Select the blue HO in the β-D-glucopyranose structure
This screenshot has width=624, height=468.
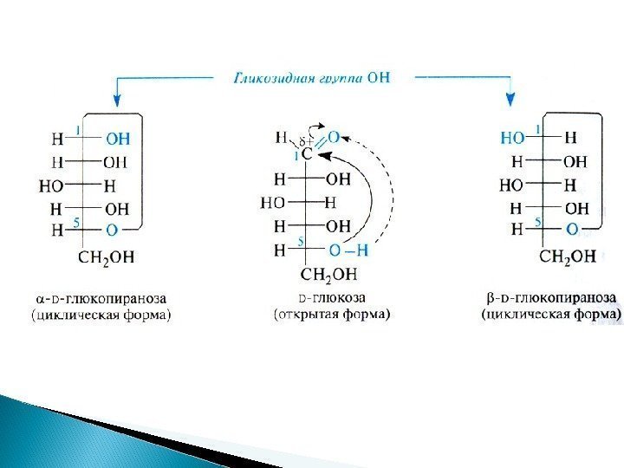pos(512,138)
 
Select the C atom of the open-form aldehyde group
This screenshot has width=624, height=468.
pos(307,155)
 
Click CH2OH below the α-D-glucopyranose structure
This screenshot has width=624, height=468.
pos(107,257)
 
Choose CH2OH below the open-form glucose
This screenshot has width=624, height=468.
pos(328,275)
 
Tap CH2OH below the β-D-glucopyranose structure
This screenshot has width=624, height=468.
pos(568,257)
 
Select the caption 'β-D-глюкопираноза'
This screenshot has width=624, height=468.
pos(551,299)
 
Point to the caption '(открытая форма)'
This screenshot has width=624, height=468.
pos(331,315)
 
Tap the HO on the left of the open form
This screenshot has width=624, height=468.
pos(274,203)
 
